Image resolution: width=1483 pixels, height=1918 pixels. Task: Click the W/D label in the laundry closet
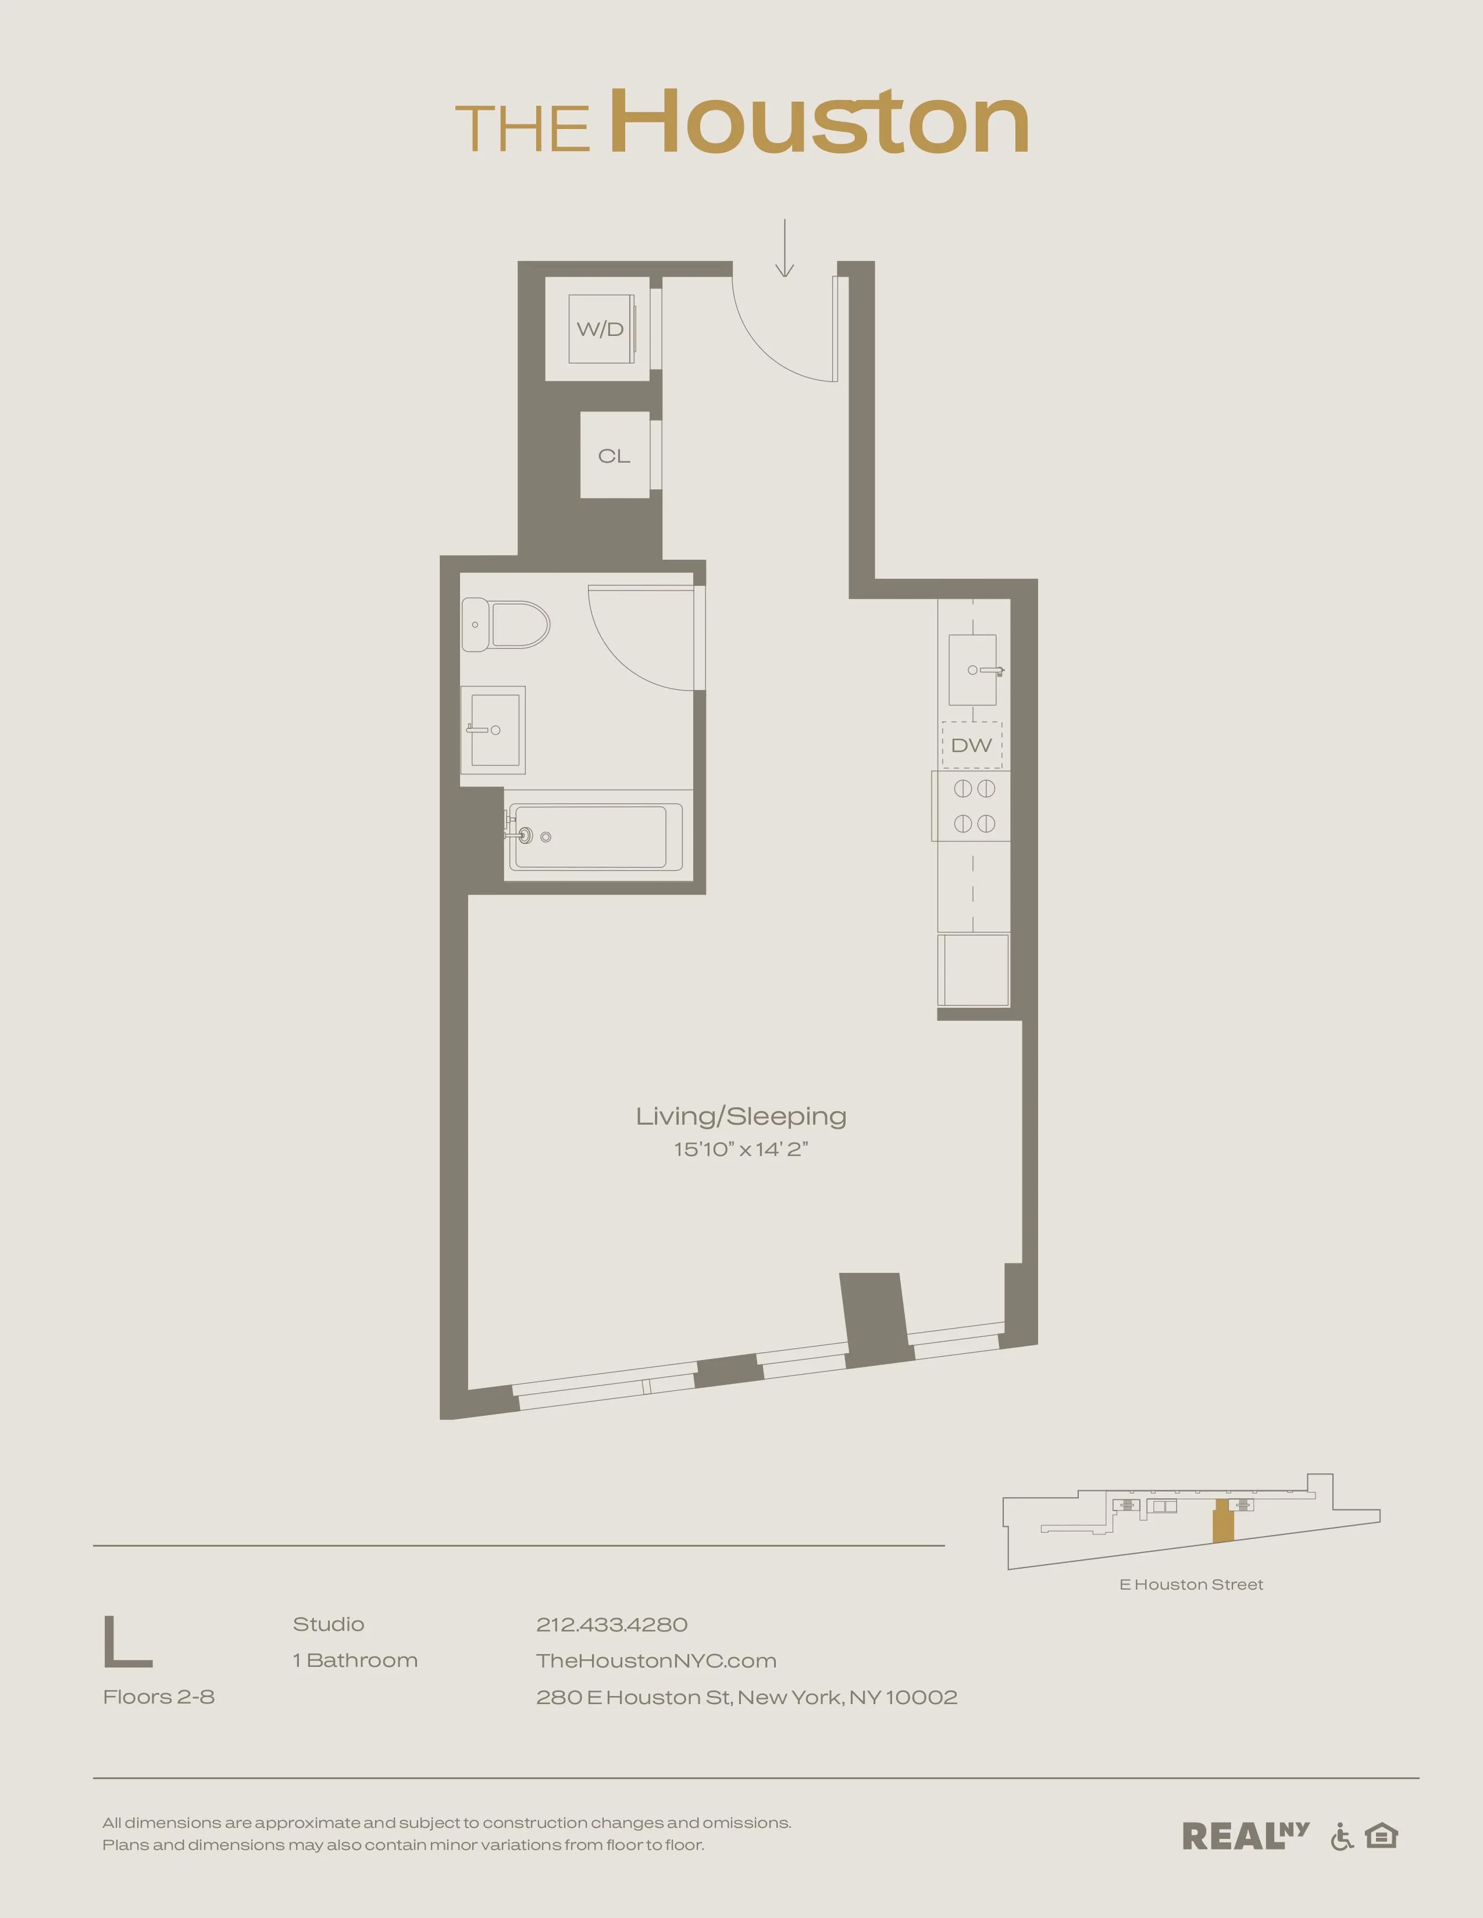pyautogui.click(x=600, y=330)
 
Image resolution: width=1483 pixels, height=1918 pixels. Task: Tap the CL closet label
pyautogui.click(x=614, y=456)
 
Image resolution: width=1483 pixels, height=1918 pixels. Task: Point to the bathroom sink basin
pyautogui.click(x=493, y=730)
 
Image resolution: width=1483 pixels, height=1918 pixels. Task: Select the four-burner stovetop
pyautogui.click(x=974, y=806)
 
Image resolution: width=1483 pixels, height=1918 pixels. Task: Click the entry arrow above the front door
pyautogui.click(x=785, y=249)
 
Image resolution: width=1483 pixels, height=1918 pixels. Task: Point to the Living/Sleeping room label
pyautogui.click(x=740, y=1116)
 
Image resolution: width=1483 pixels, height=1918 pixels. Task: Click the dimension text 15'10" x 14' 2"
pyautogui.click(x=740, y=1150)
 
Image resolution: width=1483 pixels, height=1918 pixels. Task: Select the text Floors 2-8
pyautogui.click(x=159, y=1697)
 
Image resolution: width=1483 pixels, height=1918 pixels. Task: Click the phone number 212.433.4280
pyautogui.click(x=611, y=1624)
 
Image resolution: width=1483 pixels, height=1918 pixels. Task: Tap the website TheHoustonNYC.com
pyautogui.click(x=656, y=1661)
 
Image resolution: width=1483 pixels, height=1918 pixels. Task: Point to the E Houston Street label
pyautogui.click(x=1190, y=1584)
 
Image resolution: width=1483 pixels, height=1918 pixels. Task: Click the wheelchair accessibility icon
pyautogui.click(x=1342, y=1836)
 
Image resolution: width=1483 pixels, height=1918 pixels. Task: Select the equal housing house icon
pyautogui.click(x=1381, y=1835)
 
